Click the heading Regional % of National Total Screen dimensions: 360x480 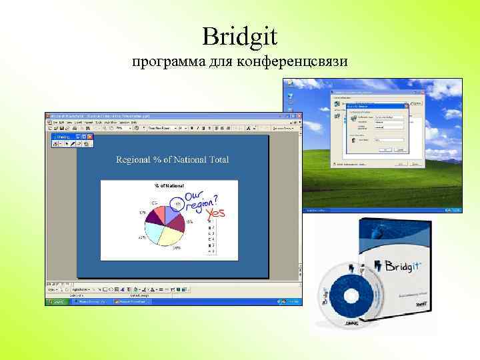[172, 159]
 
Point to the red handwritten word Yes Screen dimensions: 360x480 [216, 213]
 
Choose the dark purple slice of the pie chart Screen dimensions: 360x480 [157, 214]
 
